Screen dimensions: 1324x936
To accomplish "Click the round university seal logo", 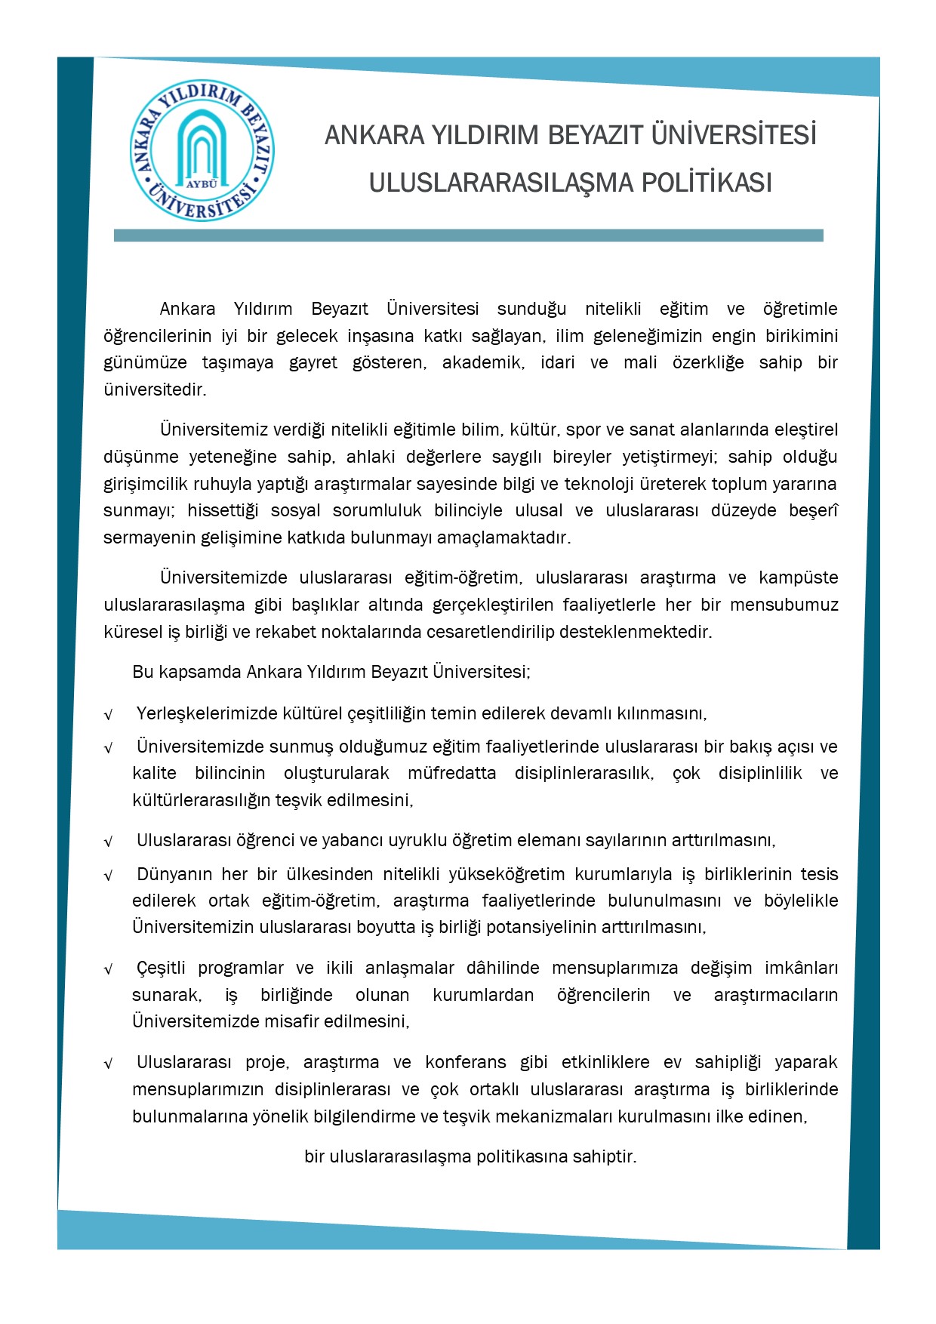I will point(202,151).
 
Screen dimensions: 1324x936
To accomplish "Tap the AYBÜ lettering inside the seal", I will point(201,183).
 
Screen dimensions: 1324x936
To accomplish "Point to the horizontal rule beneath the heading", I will point(468,236).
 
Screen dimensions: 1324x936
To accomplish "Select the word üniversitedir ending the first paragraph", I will point(155,390).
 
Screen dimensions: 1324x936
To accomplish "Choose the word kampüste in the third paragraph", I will point(799,578).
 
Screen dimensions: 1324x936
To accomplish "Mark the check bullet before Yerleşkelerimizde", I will point(109,714).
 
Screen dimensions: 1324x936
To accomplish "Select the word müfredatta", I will point(451,774).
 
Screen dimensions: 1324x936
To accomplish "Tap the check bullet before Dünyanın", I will point(109,876).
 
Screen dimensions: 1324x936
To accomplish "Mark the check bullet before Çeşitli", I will point(109,969).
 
